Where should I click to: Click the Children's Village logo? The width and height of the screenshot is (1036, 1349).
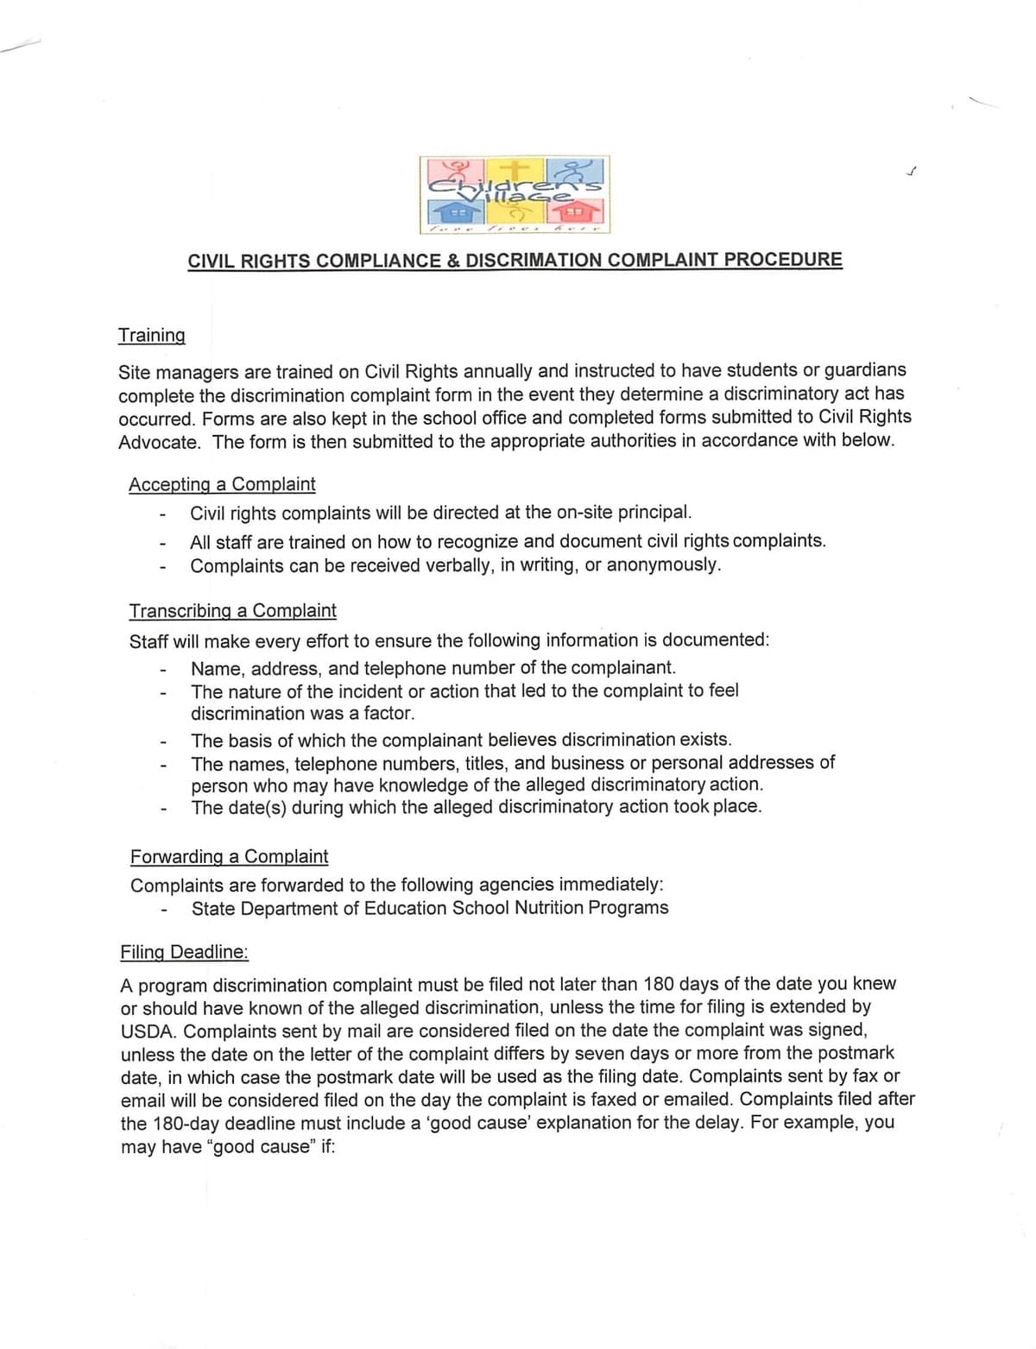pos(515,194)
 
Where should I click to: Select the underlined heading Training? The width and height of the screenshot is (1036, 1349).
pos(152,335)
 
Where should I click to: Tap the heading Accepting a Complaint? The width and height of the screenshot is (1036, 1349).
pos(222,484)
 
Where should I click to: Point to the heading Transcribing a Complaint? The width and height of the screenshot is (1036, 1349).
pos(232,611)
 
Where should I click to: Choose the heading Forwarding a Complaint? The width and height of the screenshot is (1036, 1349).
pos(229,856)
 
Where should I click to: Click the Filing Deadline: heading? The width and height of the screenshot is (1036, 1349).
pos(184,952)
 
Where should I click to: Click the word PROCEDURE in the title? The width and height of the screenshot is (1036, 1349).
pos(783,259)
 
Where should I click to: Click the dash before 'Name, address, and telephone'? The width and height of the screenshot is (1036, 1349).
pos(161,670)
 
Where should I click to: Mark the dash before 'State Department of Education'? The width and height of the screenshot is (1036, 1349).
pos(162,910)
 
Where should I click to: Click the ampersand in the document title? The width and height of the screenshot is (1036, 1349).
pos(453,261)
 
